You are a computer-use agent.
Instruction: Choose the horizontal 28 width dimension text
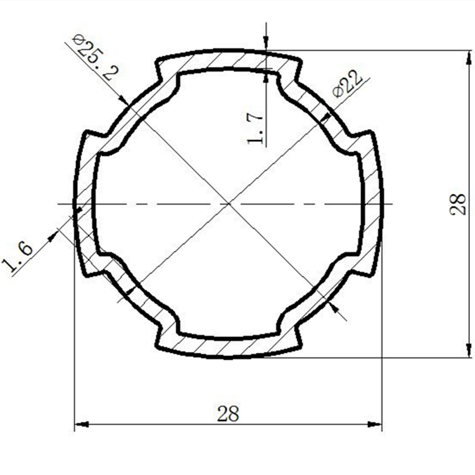(228, 414)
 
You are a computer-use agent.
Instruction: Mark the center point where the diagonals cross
(228, 203)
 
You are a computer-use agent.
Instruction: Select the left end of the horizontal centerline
(58, 203)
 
